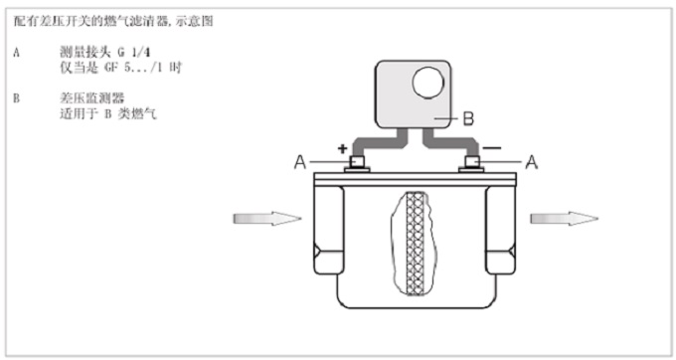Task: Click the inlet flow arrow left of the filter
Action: click(x=267, y=219)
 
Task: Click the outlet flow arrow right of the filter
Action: click(x=565, y=219)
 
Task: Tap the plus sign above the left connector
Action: click(x=342, y=149)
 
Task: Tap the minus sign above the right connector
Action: click(x=492, y=148)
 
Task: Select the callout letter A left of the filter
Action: click(x=300, y=162)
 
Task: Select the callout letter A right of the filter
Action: click(x=532, y=162)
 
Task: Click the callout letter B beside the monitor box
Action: click(x=468, y=118)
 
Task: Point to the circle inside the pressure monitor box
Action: click(x=428, y=83)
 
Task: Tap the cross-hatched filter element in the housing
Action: click(x=415, y=244)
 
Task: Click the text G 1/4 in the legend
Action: click(x=134, y=53)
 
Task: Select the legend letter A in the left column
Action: click(x=16, y=53)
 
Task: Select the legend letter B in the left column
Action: click(x=16, y=98)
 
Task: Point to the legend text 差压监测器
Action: click(x=91, y=98)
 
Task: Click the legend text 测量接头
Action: click(x=85, y=53)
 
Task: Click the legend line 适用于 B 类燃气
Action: click(x=108, y=113)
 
